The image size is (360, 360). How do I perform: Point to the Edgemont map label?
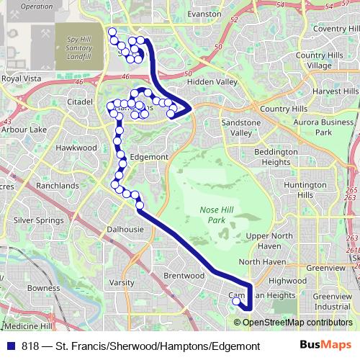click(x=149, y=157)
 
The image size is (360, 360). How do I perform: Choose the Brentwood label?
click(x=180, y=276)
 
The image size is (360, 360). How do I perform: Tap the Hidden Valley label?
click(x=212, y=82)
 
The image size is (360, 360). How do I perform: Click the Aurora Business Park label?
click(x=323, y=127)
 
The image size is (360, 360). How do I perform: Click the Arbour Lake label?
click(x=24, y=130)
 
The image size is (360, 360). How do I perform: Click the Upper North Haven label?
click(x=269, y=241)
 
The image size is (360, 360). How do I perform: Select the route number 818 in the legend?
click(x=32, y=346)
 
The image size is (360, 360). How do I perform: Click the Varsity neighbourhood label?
click(x=122, y=283)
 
